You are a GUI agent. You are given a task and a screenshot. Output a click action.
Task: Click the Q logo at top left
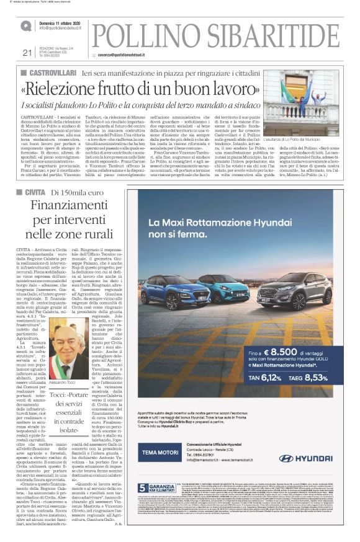25,26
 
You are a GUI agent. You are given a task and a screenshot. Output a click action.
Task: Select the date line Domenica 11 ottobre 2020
65,22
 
